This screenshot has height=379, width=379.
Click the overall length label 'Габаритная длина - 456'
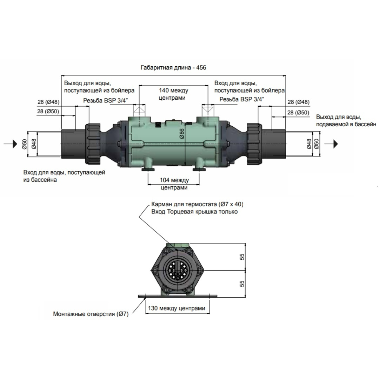[173, 67]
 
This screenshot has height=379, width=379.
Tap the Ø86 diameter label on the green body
[181, 133]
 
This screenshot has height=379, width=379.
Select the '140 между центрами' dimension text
[173, 94]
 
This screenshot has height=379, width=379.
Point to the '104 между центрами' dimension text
[174, 184]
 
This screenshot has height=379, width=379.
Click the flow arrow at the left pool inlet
[13, 144]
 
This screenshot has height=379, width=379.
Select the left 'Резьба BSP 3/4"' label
[106, 100]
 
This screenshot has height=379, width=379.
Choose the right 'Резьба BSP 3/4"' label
[242, 100]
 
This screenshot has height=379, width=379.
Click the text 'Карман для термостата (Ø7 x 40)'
[197, 204]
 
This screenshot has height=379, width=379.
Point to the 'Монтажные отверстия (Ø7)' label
[91, 314]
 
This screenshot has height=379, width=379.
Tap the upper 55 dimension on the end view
[241, 257]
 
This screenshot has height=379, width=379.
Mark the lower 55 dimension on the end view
[241, 284]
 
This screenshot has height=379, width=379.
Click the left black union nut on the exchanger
[93, 144]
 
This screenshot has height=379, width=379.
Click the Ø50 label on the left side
[24, 144]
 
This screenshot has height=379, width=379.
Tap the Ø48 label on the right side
[309, 144]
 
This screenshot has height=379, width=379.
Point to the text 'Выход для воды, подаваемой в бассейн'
[346, 120]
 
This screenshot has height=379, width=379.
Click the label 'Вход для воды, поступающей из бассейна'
[64, 176]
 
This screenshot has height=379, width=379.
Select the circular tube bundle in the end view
[179, 271]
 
